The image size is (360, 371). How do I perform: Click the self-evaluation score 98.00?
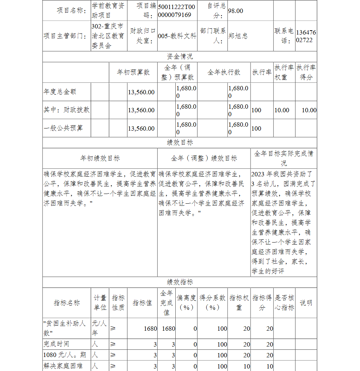tap(235, 11)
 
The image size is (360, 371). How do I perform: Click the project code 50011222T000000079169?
tap(177, 11)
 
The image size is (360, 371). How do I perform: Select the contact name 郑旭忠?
tap(238, 36)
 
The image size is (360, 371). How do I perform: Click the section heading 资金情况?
tap(180, 56)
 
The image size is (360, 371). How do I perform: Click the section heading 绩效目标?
tap(180, 142)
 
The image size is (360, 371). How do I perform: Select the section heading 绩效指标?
tap(180, 282)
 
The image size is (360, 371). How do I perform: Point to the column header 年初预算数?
tap(133, 72)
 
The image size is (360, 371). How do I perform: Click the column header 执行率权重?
tap(284, 72)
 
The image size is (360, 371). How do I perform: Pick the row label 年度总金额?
tap(60, 92)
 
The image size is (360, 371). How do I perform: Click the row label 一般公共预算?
tap(63, 128)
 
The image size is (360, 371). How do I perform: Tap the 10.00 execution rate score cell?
tap(309, 110)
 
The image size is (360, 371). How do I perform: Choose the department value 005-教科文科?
tap(177, 36)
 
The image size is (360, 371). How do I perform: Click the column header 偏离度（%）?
tap(186, 303)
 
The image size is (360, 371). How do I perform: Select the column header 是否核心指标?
tap(284, 303)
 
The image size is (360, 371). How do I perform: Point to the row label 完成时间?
tap(56, 344)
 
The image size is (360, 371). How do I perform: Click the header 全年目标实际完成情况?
tap(284, 158)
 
